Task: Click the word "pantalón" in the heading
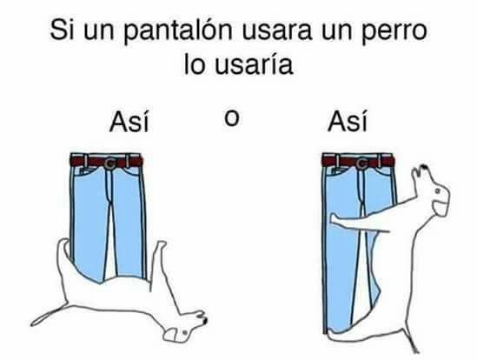(x=177, y=31)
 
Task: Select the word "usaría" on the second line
(x=254, y=64)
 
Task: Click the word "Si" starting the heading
(x=62, y=30)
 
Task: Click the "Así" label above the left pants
(x=129, y=122)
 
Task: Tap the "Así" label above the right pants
(x=348, y=121)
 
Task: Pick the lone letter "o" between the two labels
(x=231, y=118)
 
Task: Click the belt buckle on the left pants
(x=109, y=163)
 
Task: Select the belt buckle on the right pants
(x=361, y=164)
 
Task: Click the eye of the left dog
(x=185, y=332)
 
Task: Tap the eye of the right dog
(x=437, y=191)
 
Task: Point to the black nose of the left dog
(x=205, y=320)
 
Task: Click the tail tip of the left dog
(x=33, y=323)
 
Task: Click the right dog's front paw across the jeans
(x=335, y=219)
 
